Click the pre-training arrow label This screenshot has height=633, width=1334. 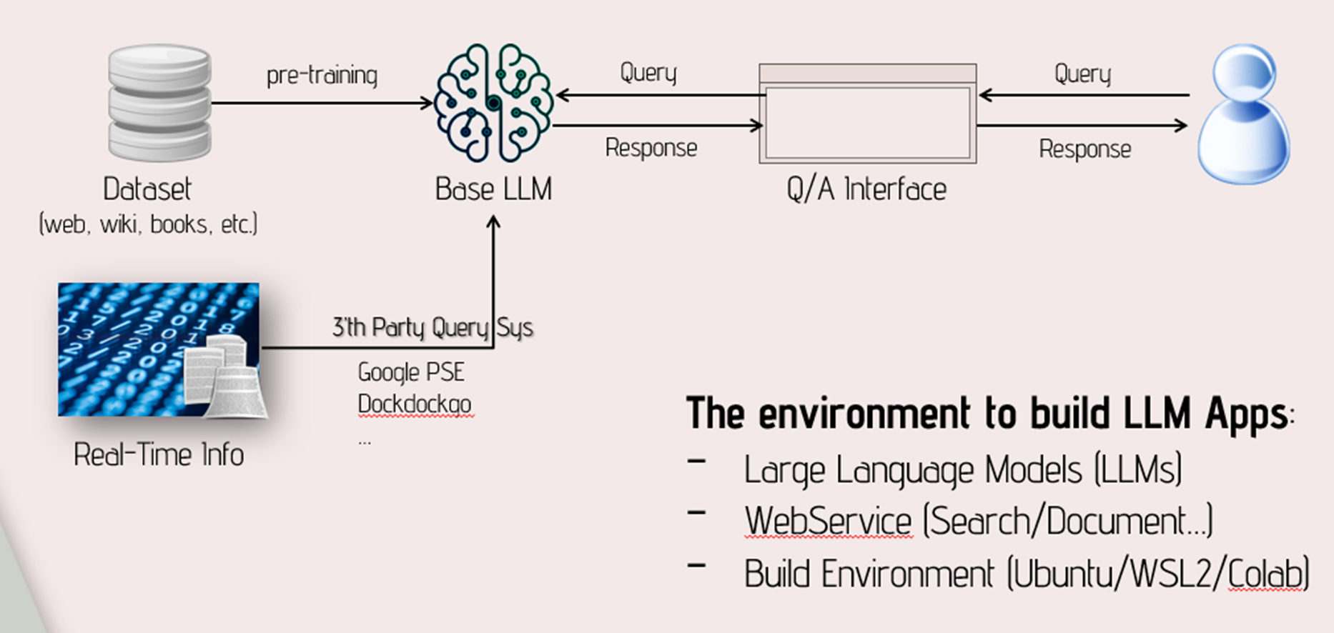[x=322, y=75]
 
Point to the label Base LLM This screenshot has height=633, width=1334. [x=493, y=189]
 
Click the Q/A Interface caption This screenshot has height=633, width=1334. [x=866, y=189]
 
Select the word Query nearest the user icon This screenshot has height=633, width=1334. [x=1082, y=74]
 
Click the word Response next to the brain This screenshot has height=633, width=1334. [x=651, y=148]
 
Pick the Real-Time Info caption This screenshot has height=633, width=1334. [x=159, y=455]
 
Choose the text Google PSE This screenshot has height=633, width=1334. [x=411, y=372]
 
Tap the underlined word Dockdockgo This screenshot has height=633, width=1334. [x=415, y=404]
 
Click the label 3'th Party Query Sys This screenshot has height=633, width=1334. [x=433, y=327]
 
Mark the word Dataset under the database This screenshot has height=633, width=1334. [x=147, y=189]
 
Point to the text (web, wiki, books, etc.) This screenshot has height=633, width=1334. [x=148, y=224]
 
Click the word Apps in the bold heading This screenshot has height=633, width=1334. [x=1247, y=414]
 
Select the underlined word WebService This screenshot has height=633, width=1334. [x=828, y=521]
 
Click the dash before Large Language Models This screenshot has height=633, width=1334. [x=696, y=462]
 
